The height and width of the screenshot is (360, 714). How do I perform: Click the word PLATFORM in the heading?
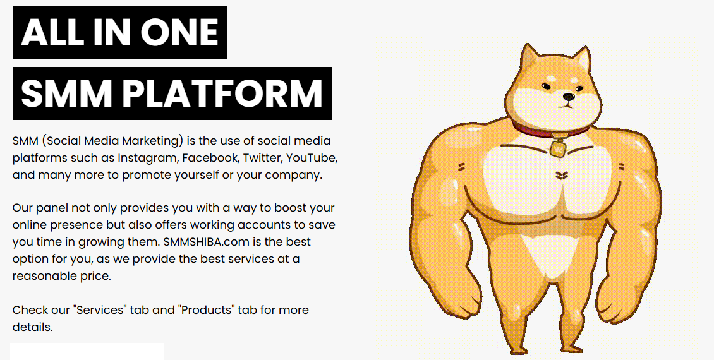223,93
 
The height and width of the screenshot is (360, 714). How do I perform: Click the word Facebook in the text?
210,158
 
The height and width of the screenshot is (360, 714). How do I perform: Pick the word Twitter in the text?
262,158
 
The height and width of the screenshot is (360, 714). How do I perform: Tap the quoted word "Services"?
100,310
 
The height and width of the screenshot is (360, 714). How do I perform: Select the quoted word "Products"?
207,310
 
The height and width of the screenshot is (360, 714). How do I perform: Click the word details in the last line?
32,327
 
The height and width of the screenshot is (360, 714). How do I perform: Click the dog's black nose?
568,97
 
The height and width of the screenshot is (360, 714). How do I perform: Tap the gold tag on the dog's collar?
558,149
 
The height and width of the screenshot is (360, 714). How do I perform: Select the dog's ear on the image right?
583,60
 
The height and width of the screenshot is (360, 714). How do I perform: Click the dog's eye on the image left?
546,87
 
